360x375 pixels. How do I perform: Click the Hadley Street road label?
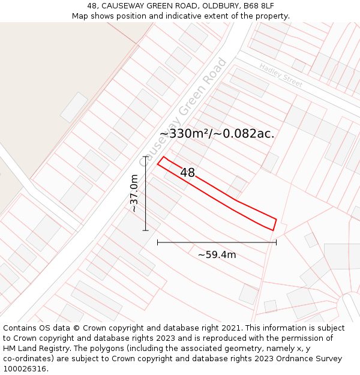tap(281, 75)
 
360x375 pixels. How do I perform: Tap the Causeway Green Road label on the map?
tap(183, 112)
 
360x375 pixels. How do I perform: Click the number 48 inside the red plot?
tap(187, 173)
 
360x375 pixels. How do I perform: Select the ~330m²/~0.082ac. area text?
tap(217, 134)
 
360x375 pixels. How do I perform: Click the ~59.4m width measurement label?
tap(217, 255)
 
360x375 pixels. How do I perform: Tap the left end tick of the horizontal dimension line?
tap(157, 242)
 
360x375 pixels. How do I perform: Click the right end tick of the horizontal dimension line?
tap(276, 242)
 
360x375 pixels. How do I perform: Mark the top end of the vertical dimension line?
tap(145, 157)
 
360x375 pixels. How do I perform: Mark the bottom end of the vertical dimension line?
tap(145, 230)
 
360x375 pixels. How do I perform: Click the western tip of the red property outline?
tap(158, 163)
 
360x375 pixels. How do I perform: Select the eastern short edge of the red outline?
tap(274, 224)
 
